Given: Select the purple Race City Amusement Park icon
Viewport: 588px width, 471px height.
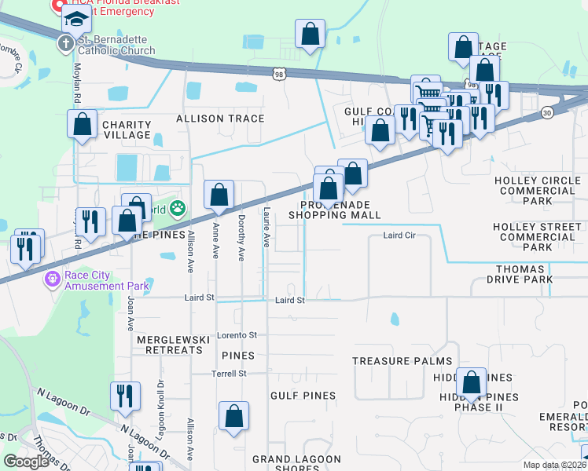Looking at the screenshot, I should click(x=53, y=278).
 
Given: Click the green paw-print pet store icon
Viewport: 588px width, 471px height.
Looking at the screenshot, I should click(x=179, y=209).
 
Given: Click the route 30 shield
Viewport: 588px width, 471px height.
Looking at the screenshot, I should click(x=547, y=113).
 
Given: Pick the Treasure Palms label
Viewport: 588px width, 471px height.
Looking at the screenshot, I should click(x=402, y=361).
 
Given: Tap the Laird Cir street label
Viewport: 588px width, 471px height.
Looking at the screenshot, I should click(x=399, y=235).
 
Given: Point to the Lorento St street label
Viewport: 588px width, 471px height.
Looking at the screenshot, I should click(x=237, y=335).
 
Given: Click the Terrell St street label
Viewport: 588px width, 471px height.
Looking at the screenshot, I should click(x=229, y=374).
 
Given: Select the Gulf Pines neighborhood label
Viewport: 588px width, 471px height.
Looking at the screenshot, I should click(x=303, y=396).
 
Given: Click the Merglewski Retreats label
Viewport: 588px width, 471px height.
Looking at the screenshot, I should click(x=173, y=345).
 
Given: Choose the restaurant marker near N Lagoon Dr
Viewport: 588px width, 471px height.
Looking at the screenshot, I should click(x=125, y=396).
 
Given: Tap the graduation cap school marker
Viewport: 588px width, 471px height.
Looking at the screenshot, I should click(x=77, y=20).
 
